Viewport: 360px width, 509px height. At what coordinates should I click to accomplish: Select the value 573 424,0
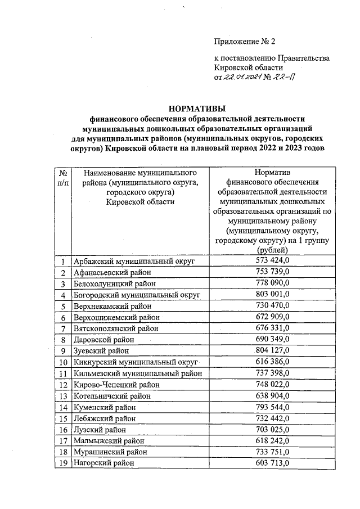pos(272,261)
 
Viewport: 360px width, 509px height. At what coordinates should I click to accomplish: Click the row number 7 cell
pos(64,328)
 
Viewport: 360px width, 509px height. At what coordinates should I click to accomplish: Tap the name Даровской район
pos(104,340)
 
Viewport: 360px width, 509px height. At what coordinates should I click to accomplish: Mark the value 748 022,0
pos(272,384)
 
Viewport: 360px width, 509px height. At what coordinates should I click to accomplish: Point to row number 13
pos(64,396)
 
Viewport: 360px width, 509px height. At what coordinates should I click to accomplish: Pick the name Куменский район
pos(105,407)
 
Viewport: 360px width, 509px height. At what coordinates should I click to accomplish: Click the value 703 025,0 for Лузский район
pos(272,429)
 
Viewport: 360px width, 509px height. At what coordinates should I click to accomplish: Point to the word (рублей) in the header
pos(272,250)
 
